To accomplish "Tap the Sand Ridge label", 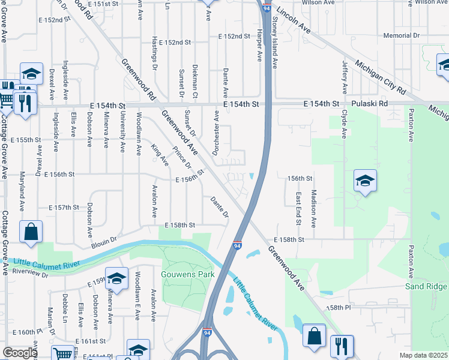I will tap(426, 286).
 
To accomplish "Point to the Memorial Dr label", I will tap(402, 36).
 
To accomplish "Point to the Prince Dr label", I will tap(181, 158).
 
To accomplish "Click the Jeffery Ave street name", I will tap(345, 77).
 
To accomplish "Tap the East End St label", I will tap(298, 208).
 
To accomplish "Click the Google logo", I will tap(20, 353).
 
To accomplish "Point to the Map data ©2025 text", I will tap(423, 355).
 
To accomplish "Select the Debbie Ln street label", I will tap(65, 305).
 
